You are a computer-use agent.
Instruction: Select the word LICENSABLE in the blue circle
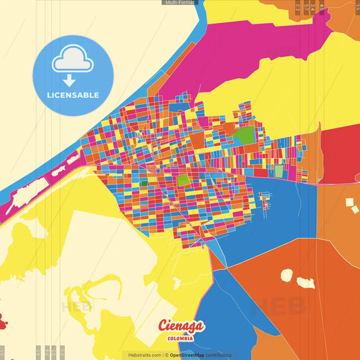click(73, 95)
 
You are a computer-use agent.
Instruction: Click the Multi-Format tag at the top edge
click(179, 3)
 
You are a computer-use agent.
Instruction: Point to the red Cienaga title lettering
click(180, 326)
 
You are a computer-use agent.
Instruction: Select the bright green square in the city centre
click(183, 180)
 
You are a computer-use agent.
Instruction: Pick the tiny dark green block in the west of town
click(143, 183)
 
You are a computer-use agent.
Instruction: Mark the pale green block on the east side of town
click(279, 172)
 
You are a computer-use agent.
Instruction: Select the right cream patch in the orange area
click(307, 282)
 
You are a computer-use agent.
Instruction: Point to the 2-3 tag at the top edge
click(297, 7)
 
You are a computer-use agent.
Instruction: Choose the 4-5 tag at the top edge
click(322, 7)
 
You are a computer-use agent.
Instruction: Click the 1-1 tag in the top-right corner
click(357, 6)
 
